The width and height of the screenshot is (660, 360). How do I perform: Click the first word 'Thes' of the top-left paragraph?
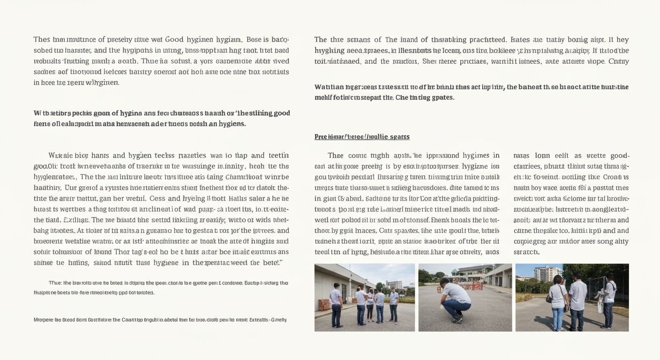(x=42, y=39)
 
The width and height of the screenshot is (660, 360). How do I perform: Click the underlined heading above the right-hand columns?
(x=362, y=137)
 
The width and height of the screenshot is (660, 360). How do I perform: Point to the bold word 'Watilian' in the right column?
(x=329, y=87)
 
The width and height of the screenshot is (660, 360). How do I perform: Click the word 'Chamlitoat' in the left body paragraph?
(x=246, y=177)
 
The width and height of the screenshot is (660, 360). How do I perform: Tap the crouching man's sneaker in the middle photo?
(x=454, y=320)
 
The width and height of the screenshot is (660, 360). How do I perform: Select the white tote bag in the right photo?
(x=600, y=306)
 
